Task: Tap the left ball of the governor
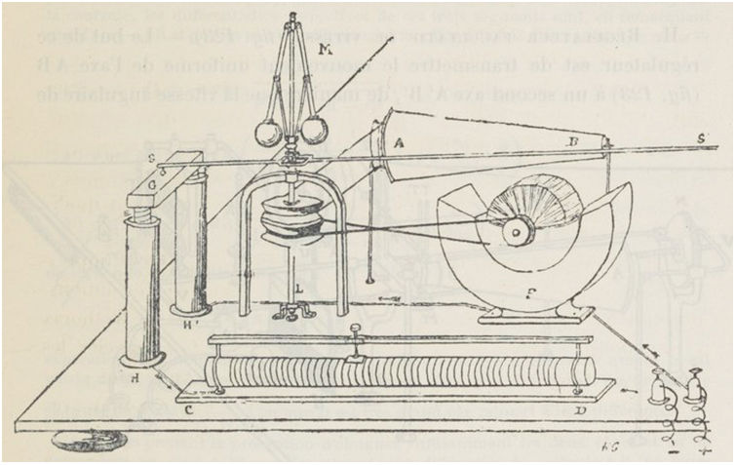pyautogui.click(x=266, y=132)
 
